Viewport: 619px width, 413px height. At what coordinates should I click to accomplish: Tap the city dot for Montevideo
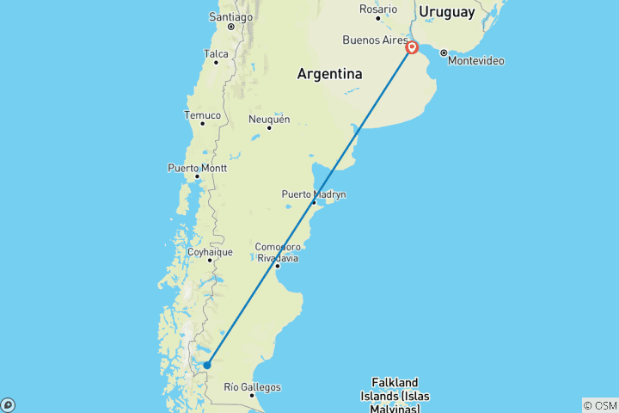tap(444, 52)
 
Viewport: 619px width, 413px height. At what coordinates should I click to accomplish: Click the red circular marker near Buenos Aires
tap(412, 47)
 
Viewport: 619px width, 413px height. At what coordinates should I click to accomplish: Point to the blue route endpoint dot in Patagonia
tap(207, 365)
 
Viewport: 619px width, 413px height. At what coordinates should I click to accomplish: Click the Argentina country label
tap(329, 75)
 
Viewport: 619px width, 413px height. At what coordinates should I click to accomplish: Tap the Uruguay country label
tap(446, 12)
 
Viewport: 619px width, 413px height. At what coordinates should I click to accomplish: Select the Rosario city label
tap(378, 9)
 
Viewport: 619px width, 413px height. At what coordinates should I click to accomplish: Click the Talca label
tap(216, 53)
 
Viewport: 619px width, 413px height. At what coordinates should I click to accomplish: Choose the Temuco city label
tap(202, 114)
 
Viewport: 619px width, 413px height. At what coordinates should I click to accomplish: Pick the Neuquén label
tap(269, 119)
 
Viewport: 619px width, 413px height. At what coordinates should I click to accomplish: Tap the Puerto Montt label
tap(197, 167)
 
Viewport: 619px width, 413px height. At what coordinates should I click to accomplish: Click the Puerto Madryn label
tap(314, 194)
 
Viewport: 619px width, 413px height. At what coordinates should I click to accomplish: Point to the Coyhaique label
tap(210, 252)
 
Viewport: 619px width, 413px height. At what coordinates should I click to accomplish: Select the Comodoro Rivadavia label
tap(278, 252)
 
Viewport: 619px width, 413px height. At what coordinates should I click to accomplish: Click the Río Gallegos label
tap(251, 387)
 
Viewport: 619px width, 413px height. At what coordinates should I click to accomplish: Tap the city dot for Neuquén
tap(269, 128)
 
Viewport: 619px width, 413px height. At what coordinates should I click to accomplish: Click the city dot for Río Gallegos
tap(252, 395)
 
